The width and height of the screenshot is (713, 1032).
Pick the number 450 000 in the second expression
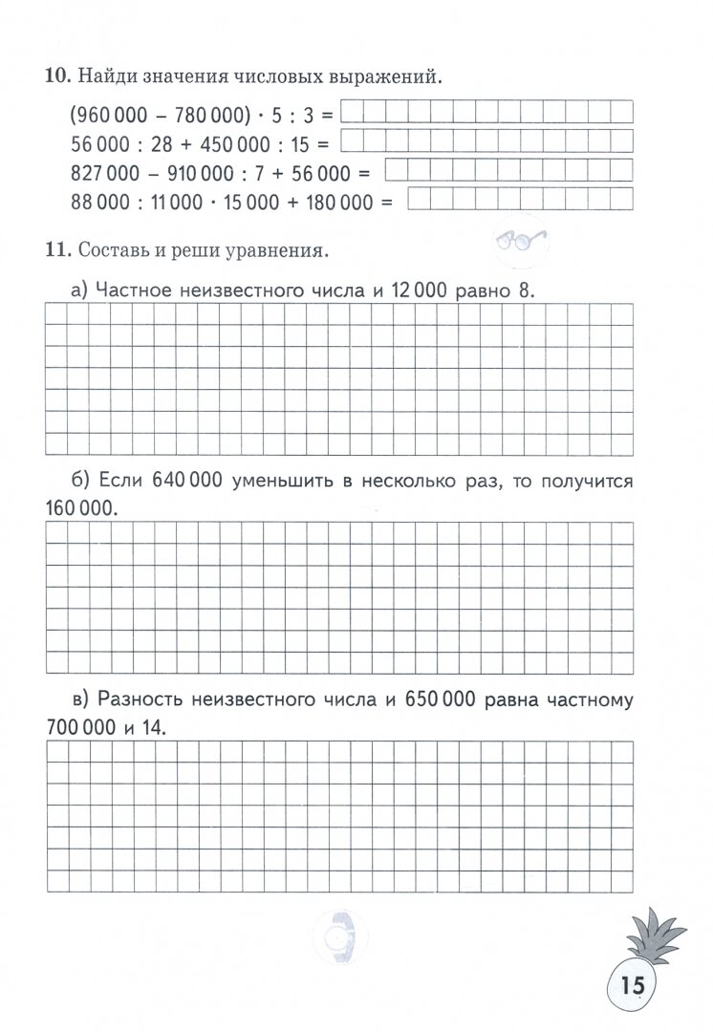242,144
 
